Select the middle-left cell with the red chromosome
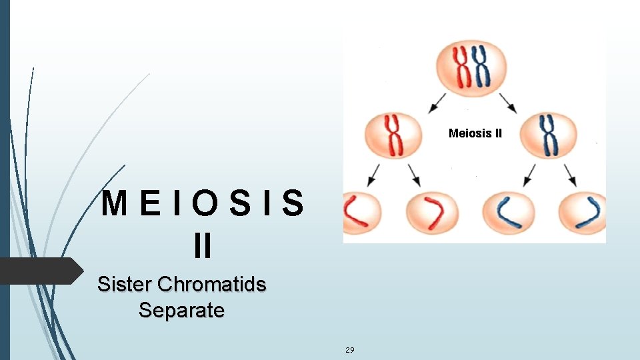pyautogui.click(x=393, y=135)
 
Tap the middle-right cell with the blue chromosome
pyautogui.click(x=548, y=135)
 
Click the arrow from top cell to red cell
pyautogui.click(x=438, y=102)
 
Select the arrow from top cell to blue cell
pyautogui.click(x=507, y=102)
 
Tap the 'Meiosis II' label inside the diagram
pyautogui.click(x=475, y=133)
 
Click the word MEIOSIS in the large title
pyautogui.click(x=202, y=205)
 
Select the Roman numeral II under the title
pyautogui.click(x=202, y=246)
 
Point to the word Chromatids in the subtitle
pyautogui.click(x=211, y=285)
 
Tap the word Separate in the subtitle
pyautogui.click(x=181, y=310)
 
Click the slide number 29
pyautogui.click(x=350, y=349)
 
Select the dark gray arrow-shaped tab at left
pyautogui.click(x=40, y=271)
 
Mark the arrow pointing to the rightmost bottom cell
pyautogui.click(x=571, y=175)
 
